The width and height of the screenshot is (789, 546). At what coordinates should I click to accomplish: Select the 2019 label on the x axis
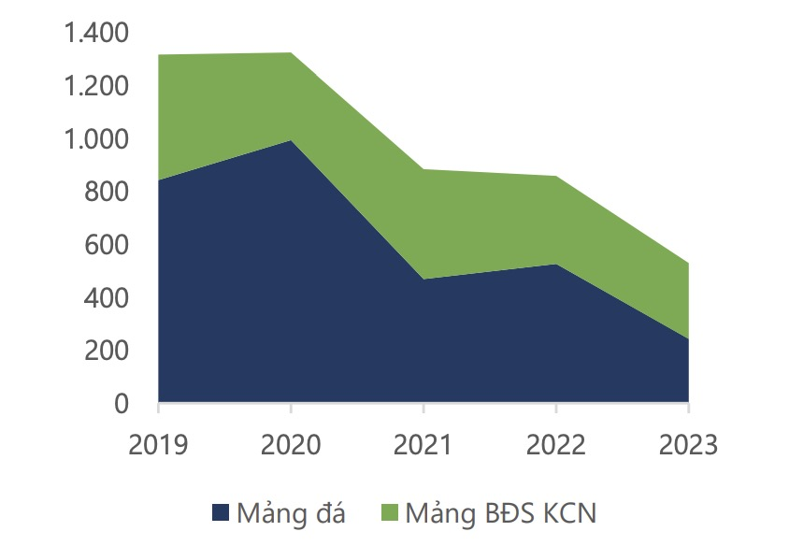coord(158,443)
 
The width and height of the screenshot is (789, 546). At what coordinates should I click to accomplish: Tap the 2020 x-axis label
coord(291,443)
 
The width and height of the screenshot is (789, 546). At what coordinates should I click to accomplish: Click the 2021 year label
coord(423,443)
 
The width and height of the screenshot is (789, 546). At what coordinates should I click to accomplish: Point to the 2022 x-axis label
coord(556,443)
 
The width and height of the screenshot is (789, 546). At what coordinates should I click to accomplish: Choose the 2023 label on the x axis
coord(688,443)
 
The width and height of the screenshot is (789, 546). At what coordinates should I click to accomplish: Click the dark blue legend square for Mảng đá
coord(222,512)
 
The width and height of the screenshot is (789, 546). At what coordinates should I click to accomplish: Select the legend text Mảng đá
coord(292,512)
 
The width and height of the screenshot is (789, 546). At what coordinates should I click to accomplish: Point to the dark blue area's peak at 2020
coord(291,140)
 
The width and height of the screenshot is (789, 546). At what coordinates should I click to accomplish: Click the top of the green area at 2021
coord(423,169)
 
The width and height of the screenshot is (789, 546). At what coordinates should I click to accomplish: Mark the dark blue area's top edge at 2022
coord(556,265)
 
